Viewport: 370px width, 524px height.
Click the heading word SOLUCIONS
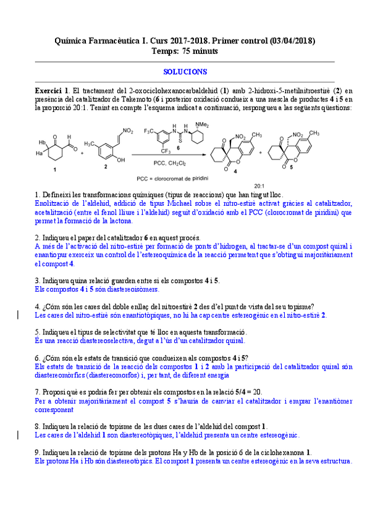pyautogui.click(x=185, y=72)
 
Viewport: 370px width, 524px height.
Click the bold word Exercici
pyautogui.click(x=49, y=90)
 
